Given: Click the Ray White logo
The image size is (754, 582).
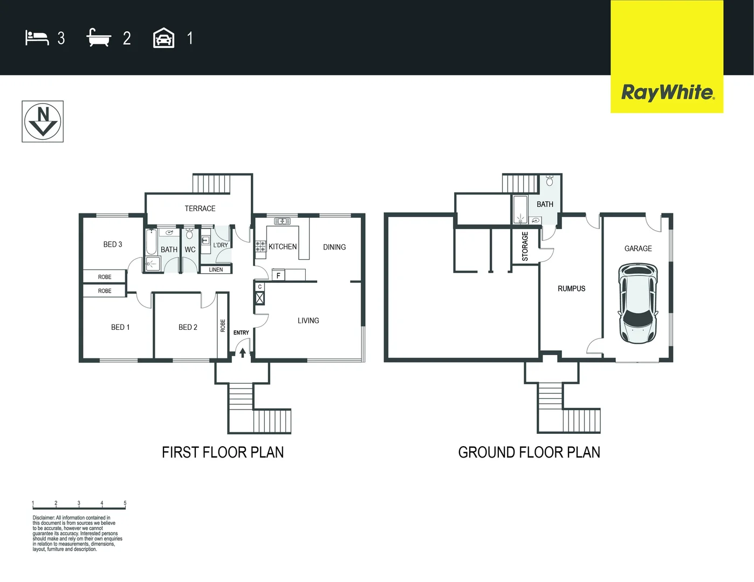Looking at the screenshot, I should click(x=667, y=92).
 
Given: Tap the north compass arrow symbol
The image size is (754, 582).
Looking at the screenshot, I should click(x=43, y=122).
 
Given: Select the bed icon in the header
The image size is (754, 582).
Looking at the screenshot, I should click(x=37, y=38).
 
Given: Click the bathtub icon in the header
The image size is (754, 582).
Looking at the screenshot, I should click(x=99, y=38).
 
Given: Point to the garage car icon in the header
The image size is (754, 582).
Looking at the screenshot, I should click(x=163, y=38).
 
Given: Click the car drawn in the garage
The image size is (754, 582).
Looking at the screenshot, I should click(x=638, y=303).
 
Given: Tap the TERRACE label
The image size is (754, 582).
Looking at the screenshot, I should click(x=200, y=209).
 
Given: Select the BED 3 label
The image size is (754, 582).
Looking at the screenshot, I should click(x=113, y=245).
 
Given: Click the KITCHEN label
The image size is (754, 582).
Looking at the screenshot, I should click(x=283, y=247).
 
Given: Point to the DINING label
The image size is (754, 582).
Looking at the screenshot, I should click(x=334, y=247).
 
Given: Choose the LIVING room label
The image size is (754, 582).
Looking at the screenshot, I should click(x=308, y=321).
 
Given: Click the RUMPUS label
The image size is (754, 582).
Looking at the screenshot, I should click(x=571, y=289).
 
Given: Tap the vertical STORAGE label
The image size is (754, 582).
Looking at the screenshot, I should click(x=525, y=247).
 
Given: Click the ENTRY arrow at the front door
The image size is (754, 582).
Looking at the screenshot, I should click(x=243, y=352).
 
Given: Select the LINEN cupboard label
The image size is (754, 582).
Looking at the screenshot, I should click(x=216, y=269).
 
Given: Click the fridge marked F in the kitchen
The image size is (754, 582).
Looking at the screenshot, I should click(x=278, y=275).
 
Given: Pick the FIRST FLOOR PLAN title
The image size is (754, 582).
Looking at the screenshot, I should click(x=223, y=453).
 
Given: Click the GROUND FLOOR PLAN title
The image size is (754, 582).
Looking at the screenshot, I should click(x=529, y=453).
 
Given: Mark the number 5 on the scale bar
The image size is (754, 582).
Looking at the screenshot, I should click(x=125, y=503).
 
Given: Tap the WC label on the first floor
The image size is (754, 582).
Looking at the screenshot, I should click(x=190, y=250).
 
